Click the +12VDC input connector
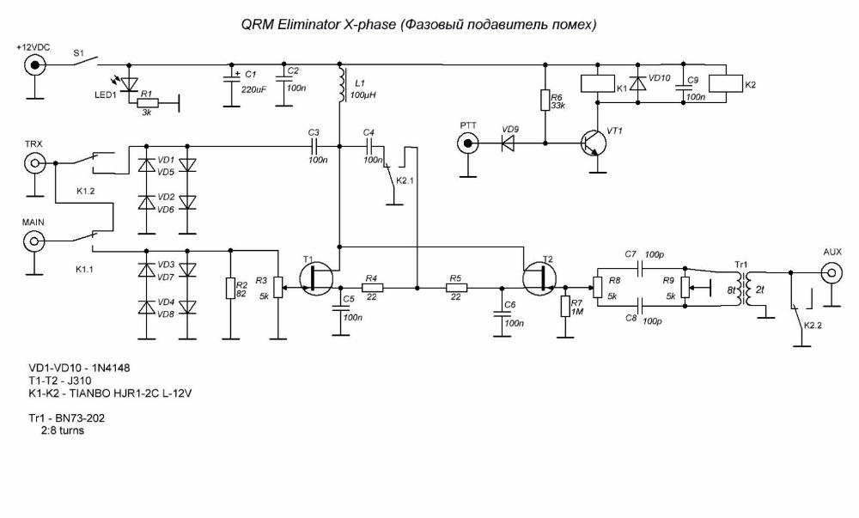[35, 65]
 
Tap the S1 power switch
[85, 61]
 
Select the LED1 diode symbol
[130, 84]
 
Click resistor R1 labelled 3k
[146, 102]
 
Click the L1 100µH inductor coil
[340, 85]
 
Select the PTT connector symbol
[468, 144]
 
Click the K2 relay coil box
[725, 83]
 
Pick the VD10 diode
[637, 84]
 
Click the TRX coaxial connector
[34, 163]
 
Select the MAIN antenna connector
[34, 241]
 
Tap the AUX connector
[832, 271]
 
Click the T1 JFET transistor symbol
[317, 278]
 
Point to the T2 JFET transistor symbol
[539, 278]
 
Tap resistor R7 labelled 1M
[565, 306]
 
